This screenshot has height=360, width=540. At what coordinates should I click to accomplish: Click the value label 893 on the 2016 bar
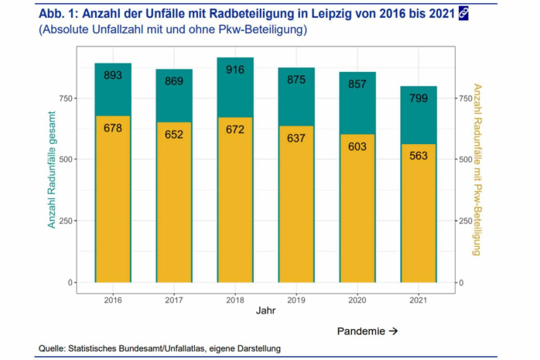tap(113, 75)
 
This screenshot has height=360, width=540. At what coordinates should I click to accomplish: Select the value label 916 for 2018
tap(235, 70)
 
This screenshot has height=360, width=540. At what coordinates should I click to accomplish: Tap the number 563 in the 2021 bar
tap(419, 156)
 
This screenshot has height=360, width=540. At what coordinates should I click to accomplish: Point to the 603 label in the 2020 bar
tap(357, 146)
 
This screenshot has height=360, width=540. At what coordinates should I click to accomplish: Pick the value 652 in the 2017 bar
tap(174, 135)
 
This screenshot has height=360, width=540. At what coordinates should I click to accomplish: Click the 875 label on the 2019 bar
tap(296, 79)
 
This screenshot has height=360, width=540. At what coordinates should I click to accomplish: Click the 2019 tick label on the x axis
tap(296, 299)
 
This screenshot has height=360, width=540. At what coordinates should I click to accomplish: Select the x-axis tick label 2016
tap(113, 299)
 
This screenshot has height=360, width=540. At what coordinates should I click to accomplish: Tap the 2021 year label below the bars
tap(419, 299)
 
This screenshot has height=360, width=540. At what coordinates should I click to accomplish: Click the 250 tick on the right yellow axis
tap(467, 221)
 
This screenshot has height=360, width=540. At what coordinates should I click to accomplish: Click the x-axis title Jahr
tap(265, 312)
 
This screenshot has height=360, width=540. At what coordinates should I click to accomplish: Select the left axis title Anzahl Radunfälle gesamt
tap(53, 167)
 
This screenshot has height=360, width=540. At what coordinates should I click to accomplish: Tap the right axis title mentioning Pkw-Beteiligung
tap(477, 168)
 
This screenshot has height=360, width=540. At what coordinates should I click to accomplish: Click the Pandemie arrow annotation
tap(367, 331)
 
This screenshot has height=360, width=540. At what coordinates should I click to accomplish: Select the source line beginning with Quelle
tap(159, 349)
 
